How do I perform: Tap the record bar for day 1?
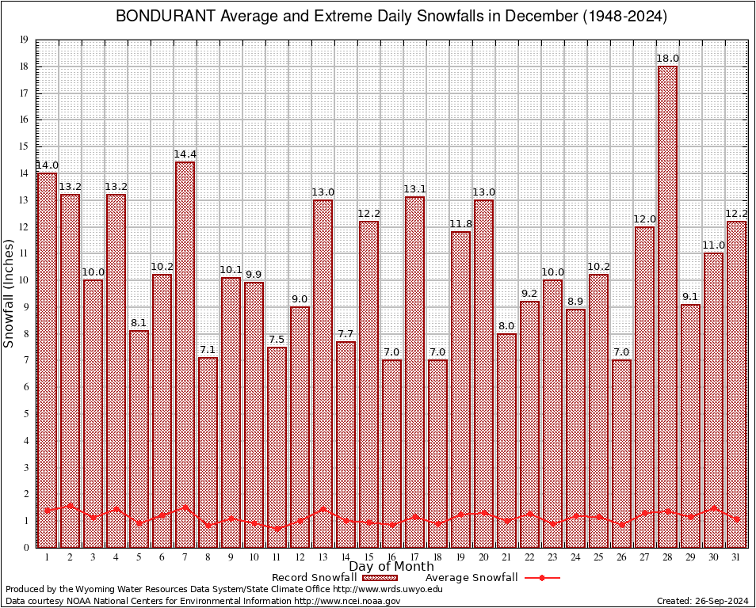47,359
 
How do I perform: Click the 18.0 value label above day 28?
667,59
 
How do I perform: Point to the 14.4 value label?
185,154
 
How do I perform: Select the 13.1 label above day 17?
414,189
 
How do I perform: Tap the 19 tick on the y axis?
24,40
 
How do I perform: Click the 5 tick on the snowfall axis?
26,414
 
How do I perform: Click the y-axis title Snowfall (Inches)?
10,294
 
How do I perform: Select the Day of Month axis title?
391,567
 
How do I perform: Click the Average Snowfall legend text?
471,578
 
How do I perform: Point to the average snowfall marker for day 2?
70,505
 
